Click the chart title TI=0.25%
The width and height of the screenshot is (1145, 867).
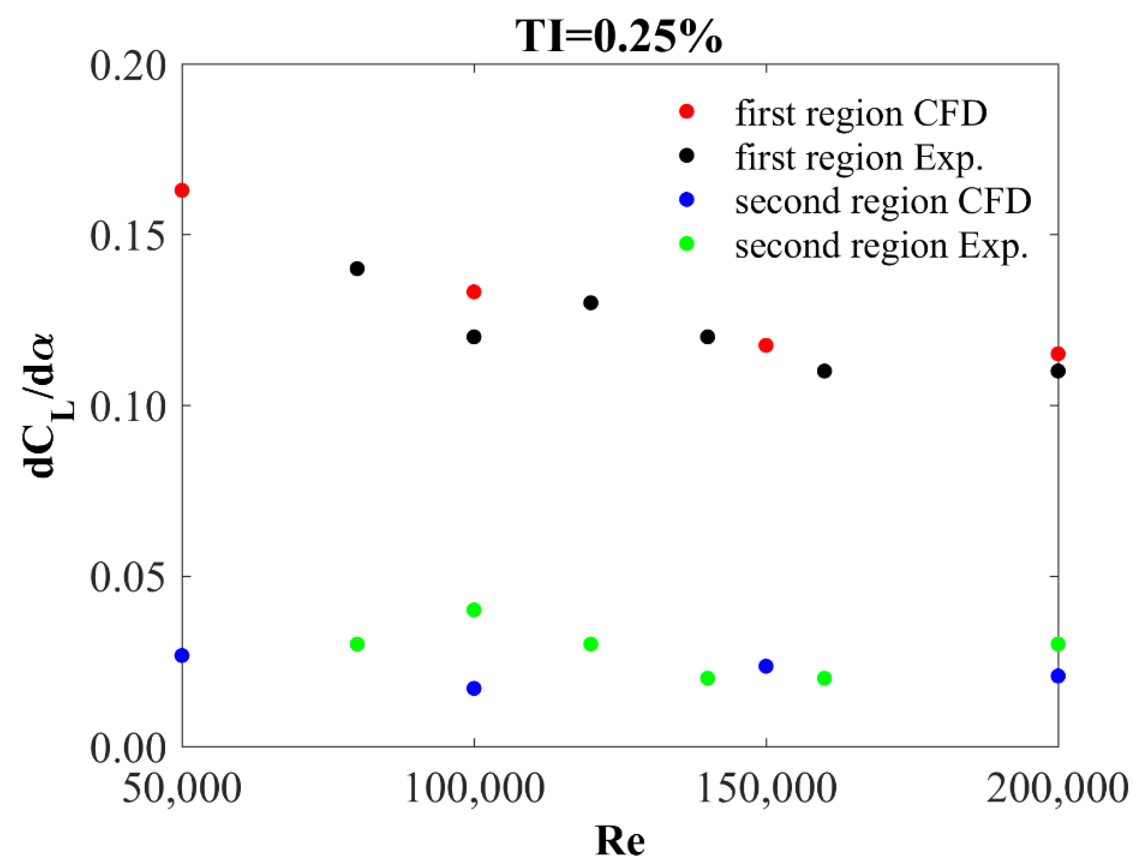619,36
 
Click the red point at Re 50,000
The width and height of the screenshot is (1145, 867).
182,190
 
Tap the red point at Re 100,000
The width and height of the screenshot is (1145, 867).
474,292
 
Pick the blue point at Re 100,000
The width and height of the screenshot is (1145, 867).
474,689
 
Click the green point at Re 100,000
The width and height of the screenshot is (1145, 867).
474,610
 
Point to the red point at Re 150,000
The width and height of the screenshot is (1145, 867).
766,345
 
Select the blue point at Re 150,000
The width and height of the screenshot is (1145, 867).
766,666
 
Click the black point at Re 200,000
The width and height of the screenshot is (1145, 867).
1058,371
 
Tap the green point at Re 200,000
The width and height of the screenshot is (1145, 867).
1058,644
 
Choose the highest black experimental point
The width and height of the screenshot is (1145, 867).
357,269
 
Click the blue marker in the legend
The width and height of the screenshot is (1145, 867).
686,200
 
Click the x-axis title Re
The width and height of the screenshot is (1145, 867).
619,841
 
